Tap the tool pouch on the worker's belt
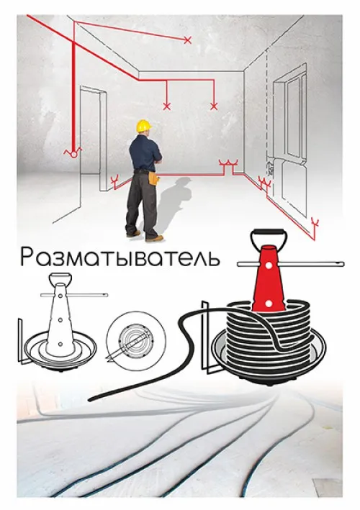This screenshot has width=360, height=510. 153,177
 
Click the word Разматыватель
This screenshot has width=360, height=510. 120,258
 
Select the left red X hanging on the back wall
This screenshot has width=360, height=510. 167,106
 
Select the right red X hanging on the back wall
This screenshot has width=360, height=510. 212,106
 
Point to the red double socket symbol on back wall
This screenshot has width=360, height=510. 230,167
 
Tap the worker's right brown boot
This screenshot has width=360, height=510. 154,237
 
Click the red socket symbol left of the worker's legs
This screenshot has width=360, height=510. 112,179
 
